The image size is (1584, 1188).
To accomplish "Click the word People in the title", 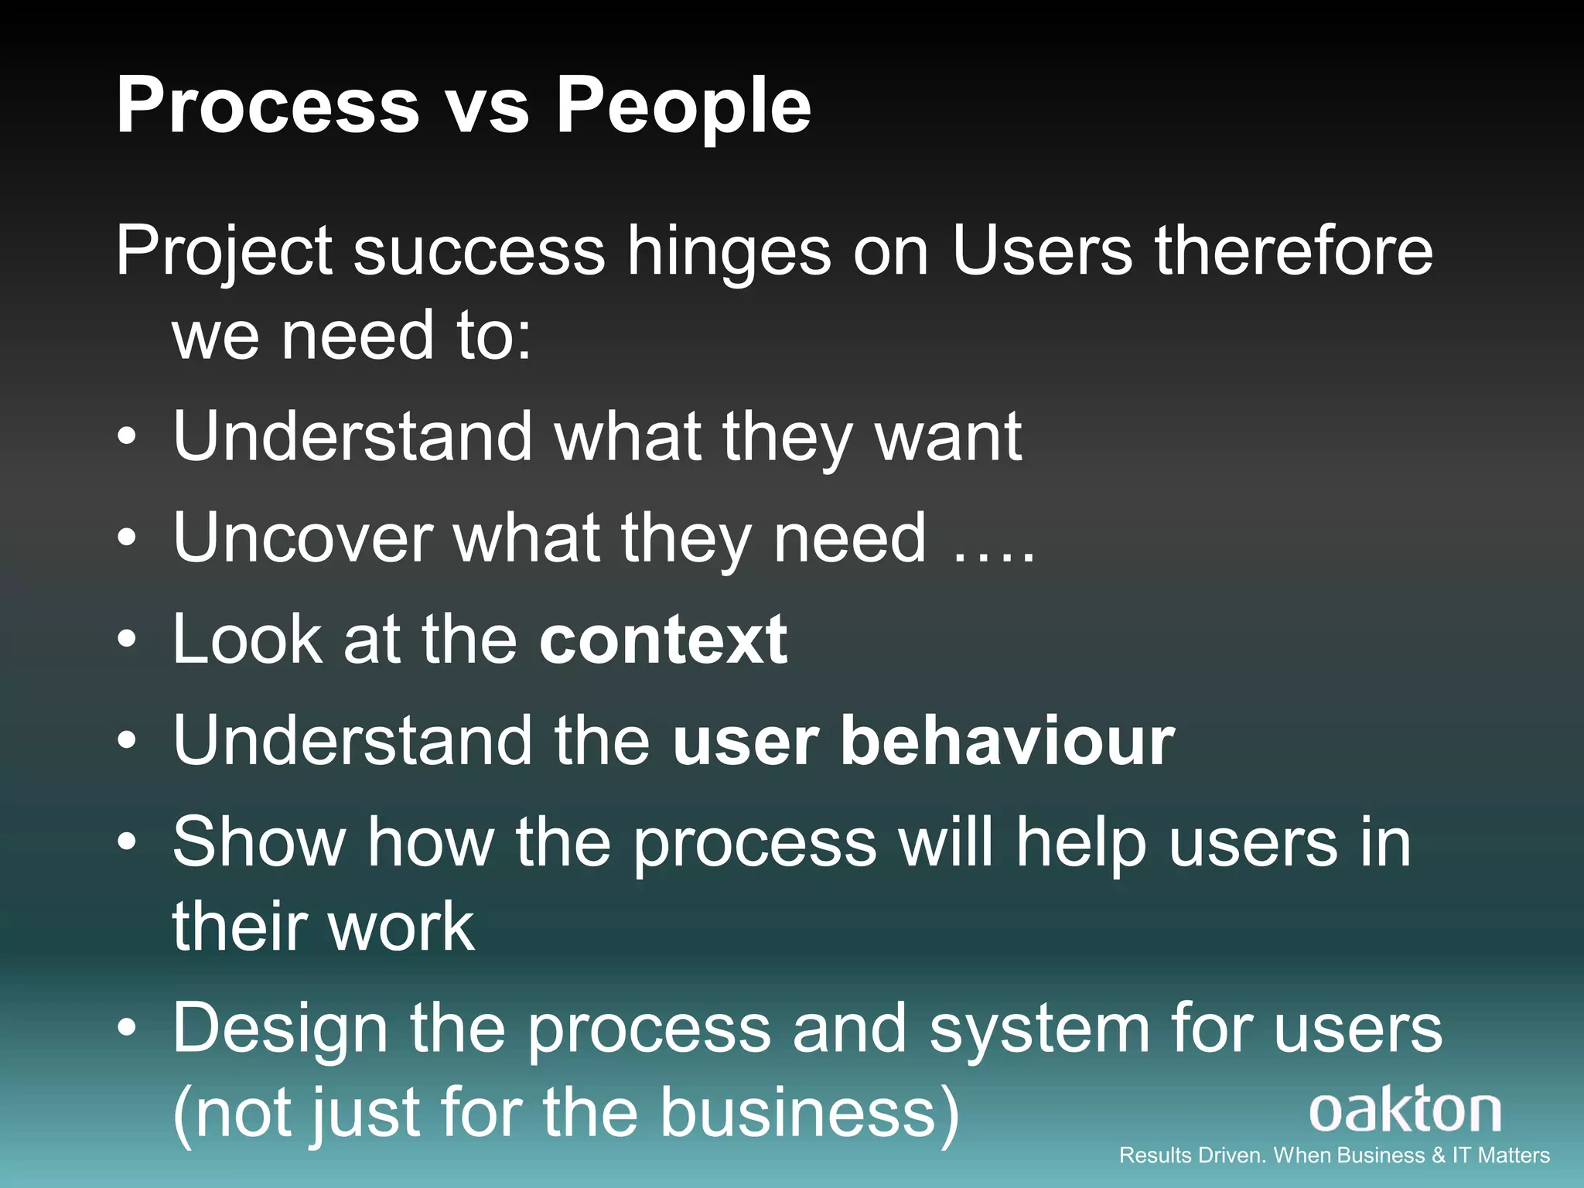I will pyautogui.click(x=684, y=107).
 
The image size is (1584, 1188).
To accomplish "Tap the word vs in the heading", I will pyautogui.click(x=488, y=107).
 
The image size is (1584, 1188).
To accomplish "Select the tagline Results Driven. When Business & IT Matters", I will pyautogui.click(x=1334, y=1156).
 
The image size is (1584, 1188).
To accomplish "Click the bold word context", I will pyautogui.click(x=663, y=640).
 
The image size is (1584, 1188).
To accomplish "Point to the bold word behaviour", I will pyautogui.click(x=1007, y=741).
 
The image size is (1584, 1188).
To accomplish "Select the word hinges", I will pyautogui.click(x=728, y=252).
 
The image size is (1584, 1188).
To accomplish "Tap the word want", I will pyautogui.click(x=947, y=437).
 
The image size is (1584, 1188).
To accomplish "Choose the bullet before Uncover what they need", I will pyautogui.click(x=128, y=538).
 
